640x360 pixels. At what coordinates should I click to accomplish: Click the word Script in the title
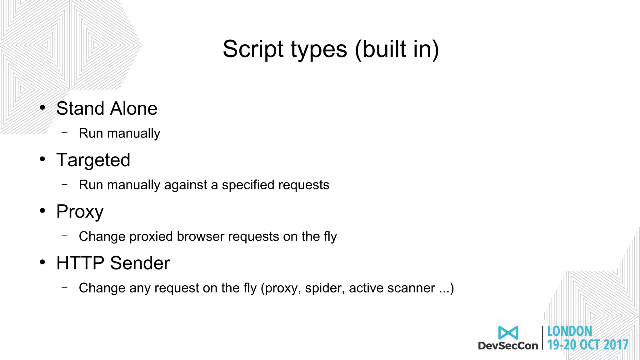(x=253, y=49)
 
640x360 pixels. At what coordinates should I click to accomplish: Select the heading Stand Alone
(x=107, y=108)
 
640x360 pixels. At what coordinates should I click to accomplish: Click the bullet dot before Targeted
(x=42, y=159)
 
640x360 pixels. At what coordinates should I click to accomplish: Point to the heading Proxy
(x=80, y=212)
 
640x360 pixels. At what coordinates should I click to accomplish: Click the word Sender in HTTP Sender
(x=140, y=263)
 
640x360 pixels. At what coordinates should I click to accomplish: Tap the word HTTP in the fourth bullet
(x=80, y=263)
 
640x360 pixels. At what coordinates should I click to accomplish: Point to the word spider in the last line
(x=325, y=288)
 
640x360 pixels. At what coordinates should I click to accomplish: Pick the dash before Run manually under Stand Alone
(x=65, y=133)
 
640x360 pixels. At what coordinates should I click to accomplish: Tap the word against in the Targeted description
(x=185, y=185)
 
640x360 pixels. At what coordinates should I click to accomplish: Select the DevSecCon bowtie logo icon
(x=508, y=332)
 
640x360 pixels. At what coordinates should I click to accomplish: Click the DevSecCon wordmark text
(x=508, y=346)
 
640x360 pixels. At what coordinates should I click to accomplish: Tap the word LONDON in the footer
(x=569, y=331)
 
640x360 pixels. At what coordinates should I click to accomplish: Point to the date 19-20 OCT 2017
(x=587, y=345)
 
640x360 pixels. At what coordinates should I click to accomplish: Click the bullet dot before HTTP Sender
(x=42, y=262)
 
